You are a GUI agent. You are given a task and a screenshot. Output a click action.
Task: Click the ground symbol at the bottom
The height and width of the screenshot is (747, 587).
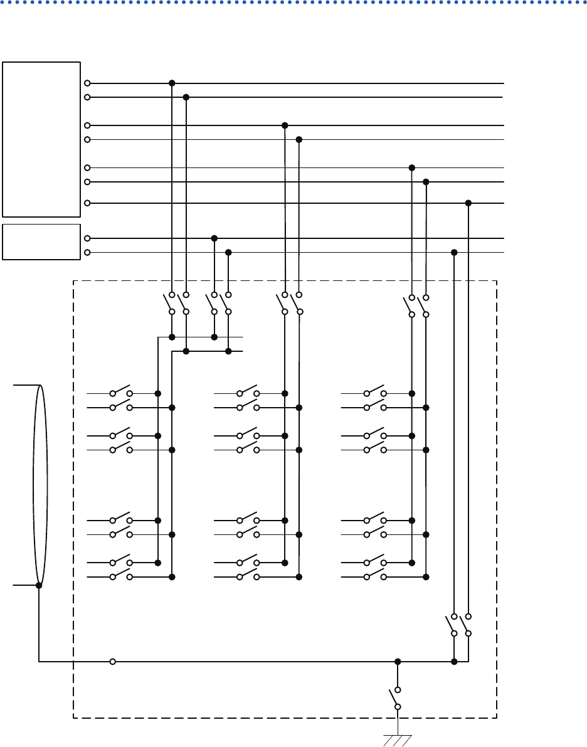pos(397,738)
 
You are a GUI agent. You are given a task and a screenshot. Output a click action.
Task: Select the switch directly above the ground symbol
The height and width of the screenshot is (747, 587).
pos(395,697)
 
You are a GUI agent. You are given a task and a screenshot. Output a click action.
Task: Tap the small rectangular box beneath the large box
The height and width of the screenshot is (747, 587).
pos(41,241)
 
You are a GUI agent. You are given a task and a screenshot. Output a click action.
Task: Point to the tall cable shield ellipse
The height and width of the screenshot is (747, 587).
pos(41,485)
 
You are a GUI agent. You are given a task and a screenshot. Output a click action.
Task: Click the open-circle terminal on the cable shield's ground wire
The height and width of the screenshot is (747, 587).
pos(113,661)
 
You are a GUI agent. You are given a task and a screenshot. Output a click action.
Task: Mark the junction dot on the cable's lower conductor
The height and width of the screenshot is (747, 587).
pos(39,585)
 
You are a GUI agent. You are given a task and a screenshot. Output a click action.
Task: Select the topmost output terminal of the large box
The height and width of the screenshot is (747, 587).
pos(87,83)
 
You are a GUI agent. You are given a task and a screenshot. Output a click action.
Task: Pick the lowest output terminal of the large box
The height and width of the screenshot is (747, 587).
pos(87,203)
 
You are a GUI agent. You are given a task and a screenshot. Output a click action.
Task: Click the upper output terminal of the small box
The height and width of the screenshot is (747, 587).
pos(87,238)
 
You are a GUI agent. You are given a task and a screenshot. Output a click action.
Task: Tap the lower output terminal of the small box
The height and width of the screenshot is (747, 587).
pos(87,252)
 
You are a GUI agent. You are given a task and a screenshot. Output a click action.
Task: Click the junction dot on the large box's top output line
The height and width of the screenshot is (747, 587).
pos(172,83)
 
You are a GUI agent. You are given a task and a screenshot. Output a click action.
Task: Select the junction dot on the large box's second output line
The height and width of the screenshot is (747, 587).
pos(186,97)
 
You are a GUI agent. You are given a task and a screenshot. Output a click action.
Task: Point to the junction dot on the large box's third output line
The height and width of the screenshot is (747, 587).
pos(285,125)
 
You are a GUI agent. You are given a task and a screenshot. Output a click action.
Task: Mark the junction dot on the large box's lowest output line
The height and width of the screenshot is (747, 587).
pos(468,203)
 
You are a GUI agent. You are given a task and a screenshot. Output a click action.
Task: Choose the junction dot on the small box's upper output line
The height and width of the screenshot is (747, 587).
pos(214,238)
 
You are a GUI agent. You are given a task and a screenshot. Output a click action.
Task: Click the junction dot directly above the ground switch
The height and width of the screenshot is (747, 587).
pos(398,661)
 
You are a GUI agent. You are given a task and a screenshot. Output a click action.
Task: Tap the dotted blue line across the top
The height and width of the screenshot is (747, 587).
pos(293,3)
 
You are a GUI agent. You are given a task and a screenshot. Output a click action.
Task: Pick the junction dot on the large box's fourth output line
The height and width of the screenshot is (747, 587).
pos(299,139)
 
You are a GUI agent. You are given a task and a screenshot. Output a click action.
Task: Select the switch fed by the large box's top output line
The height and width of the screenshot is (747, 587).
pos(169,303)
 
